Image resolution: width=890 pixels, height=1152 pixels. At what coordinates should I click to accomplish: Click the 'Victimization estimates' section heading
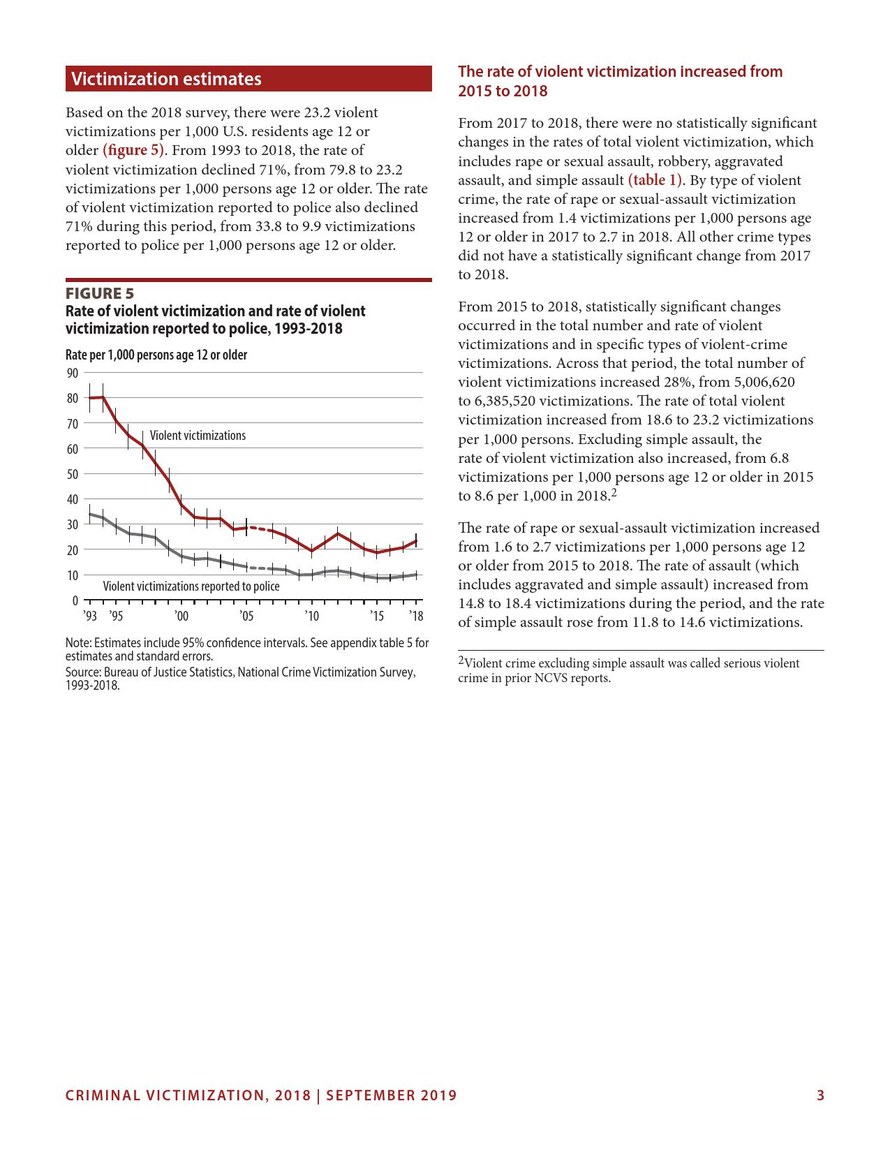pyautogui.click(x=166, y=79)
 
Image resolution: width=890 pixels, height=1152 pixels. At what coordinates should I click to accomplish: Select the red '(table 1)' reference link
pyautogui.click(x=655, y=180)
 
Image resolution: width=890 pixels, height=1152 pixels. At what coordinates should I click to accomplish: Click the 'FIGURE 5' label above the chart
pyautogui.click(x=100, y=293)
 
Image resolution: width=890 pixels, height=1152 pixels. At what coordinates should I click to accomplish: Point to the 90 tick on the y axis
pyautogui.click(x=73, y=374)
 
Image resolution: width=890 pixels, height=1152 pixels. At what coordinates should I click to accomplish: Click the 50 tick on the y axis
pyautogui.click(x=73, y=474)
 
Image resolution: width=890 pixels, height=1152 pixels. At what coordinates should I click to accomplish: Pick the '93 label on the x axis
pyautogui.click(x=89, y=616)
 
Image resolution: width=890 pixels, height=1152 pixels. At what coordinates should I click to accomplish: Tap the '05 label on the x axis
pyautogui.click(x=246, y=616)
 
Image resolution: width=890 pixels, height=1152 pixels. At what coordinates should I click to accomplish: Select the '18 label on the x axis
pyautogui.click(x=416, y=616)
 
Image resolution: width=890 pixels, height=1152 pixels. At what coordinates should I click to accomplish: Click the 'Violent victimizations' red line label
pyautogui.click(x=198, y=436)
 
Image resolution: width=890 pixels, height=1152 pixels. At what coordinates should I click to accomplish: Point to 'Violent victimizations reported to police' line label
pyautogui.click(x=191, y=586)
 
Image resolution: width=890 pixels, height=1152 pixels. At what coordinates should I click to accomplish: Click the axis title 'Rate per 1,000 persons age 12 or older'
pyautogui.click(x=156, y=355)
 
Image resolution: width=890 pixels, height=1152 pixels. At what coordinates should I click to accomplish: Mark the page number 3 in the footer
pyautogui.click(x=821, y=1095)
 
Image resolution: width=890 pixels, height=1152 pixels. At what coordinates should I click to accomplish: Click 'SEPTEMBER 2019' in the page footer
pyautogui.click(x=392, y=1095)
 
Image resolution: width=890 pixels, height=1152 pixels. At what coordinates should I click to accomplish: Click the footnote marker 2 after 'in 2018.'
pyautogui.click(x=614, y=492)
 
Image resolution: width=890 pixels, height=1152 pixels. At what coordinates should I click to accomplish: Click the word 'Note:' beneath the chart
pyautogui.click(x=78, y=643)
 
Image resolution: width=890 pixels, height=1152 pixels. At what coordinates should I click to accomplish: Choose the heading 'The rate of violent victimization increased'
pyautogui.click(x=620, y=72)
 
